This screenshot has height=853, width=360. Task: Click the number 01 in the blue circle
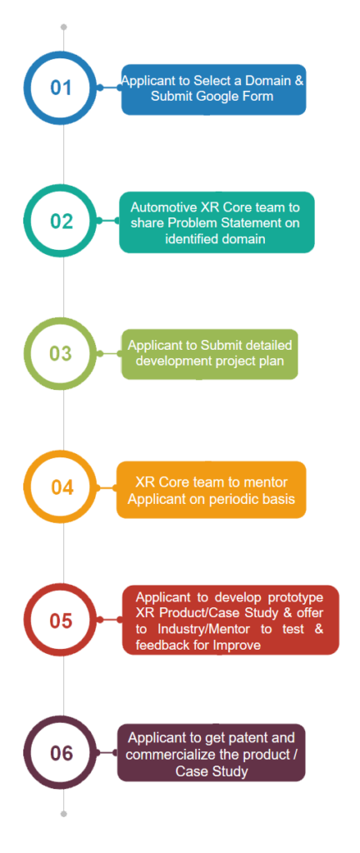61,87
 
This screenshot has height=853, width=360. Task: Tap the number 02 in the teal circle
62,221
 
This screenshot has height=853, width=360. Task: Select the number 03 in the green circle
61,353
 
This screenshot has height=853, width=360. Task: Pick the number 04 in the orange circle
62,486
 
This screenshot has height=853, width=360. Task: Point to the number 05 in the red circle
61,620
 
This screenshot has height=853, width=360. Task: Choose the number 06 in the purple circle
62,753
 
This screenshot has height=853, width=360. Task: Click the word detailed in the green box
271,346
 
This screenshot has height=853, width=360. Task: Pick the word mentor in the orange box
267,483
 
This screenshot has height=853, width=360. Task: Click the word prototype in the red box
298,598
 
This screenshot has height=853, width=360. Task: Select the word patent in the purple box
245,738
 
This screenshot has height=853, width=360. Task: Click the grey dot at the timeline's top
63,27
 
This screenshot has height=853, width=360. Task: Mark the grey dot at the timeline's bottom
63,814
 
